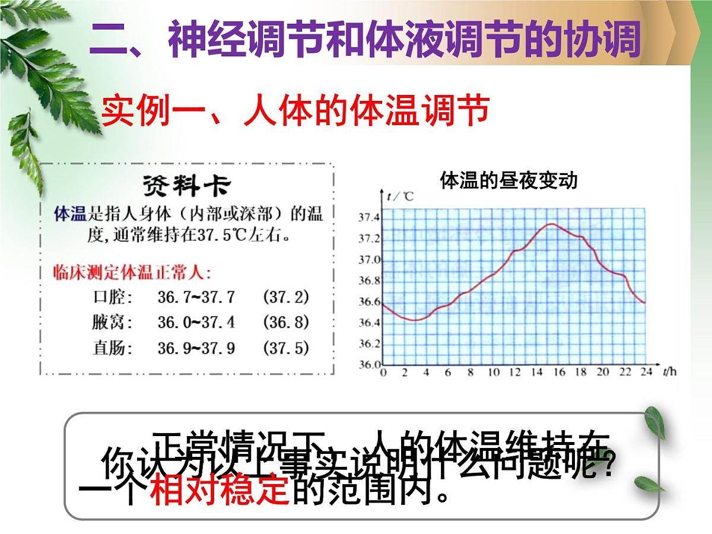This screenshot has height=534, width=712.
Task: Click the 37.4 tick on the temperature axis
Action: tap(368, 218)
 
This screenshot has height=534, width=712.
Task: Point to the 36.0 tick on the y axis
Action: tap(368, 364)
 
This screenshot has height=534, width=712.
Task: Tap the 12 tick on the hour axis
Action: tap(514, 373)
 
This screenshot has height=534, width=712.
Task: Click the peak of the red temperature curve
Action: tap(551, 224)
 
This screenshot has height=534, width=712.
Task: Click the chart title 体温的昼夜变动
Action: tap(508, 180)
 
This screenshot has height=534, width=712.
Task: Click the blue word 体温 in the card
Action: tap(70, 214)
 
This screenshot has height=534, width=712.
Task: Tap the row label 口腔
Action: tap(113, 297)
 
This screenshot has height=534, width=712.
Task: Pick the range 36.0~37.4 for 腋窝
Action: tap(196, 322)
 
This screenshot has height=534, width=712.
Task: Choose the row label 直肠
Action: tap(113, 348)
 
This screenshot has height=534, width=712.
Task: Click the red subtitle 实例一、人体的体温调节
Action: tap(295, 110)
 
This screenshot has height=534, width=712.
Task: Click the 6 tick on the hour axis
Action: tap(448, 373)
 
